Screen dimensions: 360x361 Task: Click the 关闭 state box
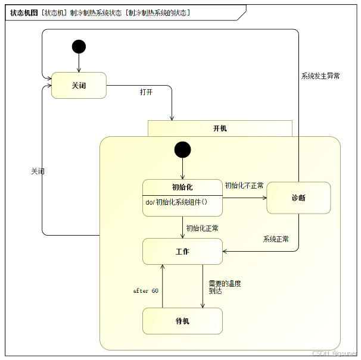point(79,86)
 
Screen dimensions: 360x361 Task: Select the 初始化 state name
point(182,187)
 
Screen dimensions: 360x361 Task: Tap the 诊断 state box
point(298,198)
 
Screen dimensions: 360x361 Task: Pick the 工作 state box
point(182,252)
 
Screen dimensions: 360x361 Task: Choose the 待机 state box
point(182,321)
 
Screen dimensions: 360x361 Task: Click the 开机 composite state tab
point(220,128)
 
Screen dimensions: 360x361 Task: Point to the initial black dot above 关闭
point(79,46)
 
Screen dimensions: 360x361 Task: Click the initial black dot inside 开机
point(182,149)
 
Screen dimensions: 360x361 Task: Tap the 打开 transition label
point(147,92)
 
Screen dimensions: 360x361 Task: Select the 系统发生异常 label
point(320,76)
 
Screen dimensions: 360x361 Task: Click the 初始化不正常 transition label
point(244,185)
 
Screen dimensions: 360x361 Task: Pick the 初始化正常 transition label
point(202,228)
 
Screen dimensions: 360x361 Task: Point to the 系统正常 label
point(276,239)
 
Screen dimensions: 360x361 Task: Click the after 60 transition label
point(145,291)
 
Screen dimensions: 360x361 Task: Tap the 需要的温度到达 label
point(225,287)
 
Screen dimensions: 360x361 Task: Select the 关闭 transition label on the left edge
point(38,171)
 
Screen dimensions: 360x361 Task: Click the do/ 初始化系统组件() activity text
point(176,202)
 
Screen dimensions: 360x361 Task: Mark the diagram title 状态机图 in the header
point(24,12)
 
